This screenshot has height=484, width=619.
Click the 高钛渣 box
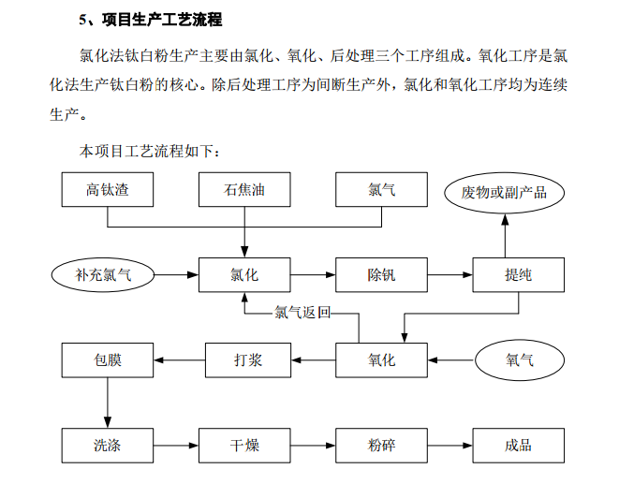tap(108, 189)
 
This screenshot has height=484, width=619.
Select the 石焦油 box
tap(244, 189)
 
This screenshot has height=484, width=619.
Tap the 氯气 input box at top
tap(381, 189)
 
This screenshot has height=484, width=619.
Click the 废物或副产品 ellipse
tap(504, 193)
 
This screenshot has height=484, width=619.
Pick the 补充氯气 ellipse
tap(103, 275)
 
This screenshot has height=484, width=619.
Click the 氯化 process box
tap(244, 275)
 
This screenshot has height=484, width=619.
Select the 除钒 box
tap(381, 275)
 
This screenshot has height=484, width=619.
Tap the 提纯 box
tap(519, 275)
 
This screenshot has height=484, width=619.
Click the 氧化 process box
tap(381, 360)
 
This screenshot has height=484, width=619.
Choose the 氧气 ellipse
tap(520, 360)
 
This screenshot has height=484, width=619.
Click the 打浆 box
tap(248, 360)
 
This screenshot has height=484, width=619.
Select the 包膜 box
tap(108, 360)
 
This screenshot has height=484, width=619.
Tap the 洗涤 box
tap(108, 446)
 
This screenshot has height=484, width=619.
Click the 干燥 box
tap(244, 446)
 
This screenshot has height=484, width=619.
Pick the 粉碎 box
tap(381, 446)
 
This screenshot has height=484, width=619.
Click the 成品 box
tap(519, 446)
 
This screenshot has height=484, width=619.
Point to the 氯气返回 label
tap(302, 313)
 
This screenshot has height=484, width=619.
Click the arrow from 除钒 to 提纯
tap(450, 275)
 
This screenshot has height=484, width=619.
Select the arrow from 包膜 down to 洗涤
tap(108, 403)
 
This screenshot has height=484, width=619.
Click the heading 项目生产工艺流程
tap(162, 20)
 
